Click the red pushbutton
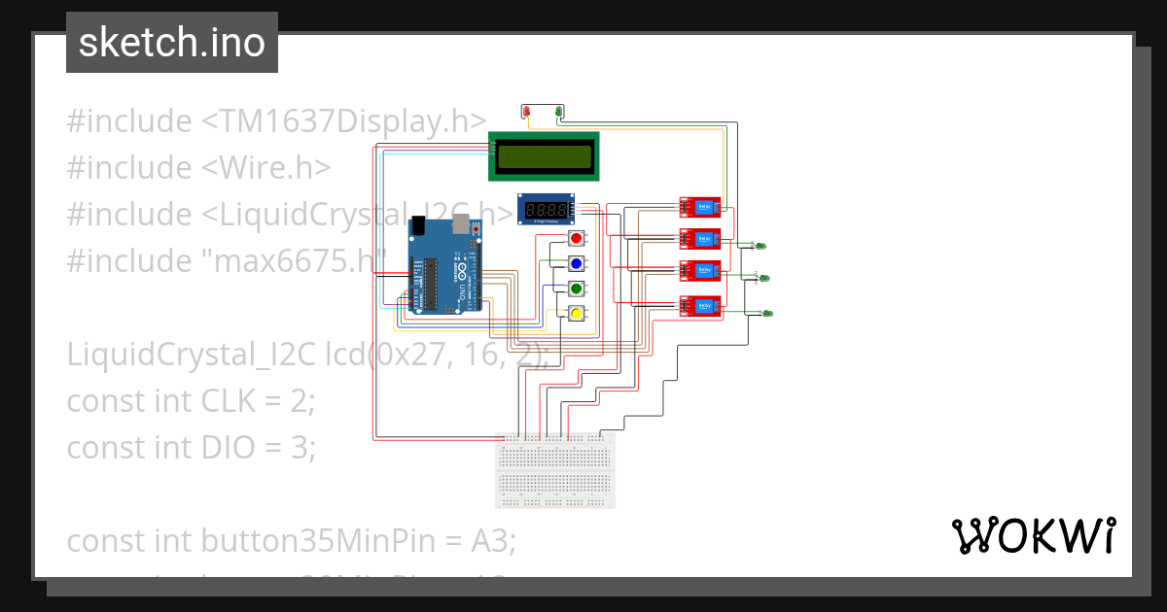click(x=576, y=238)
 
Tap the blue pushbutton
click(x=576, y=263)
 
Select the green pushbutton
click(x=576, y=289)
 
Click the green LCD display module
click(x=544, y=155)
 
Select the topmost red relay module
click(x=700, y=206)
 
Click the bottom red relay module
click(x=700, y=307)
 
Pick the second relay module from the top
click(x=700, y=238)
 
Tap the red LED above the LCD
click(x=527, y=114)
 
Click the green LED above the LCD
click(x=558, y=113)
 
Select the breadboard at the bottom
click(x=555, y=470)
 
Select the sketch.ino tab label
click(x=171, y=43)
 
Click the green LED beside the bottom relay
click(x=767, y=313)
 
